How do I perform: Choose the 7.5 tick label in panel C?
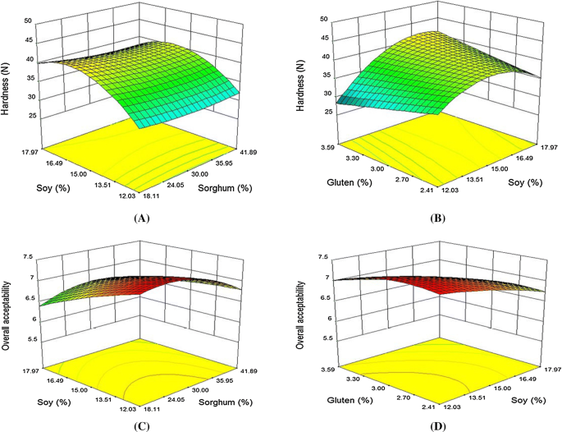[28, 256]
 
